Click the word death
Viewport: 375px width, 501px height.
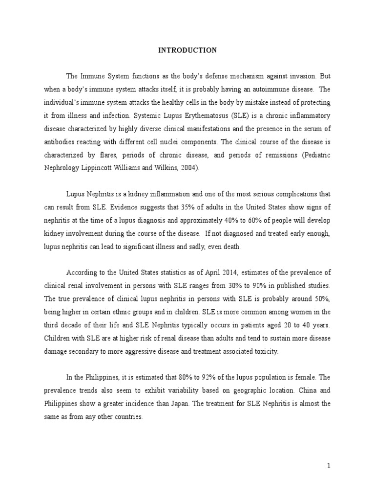(x=231, y=247)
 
